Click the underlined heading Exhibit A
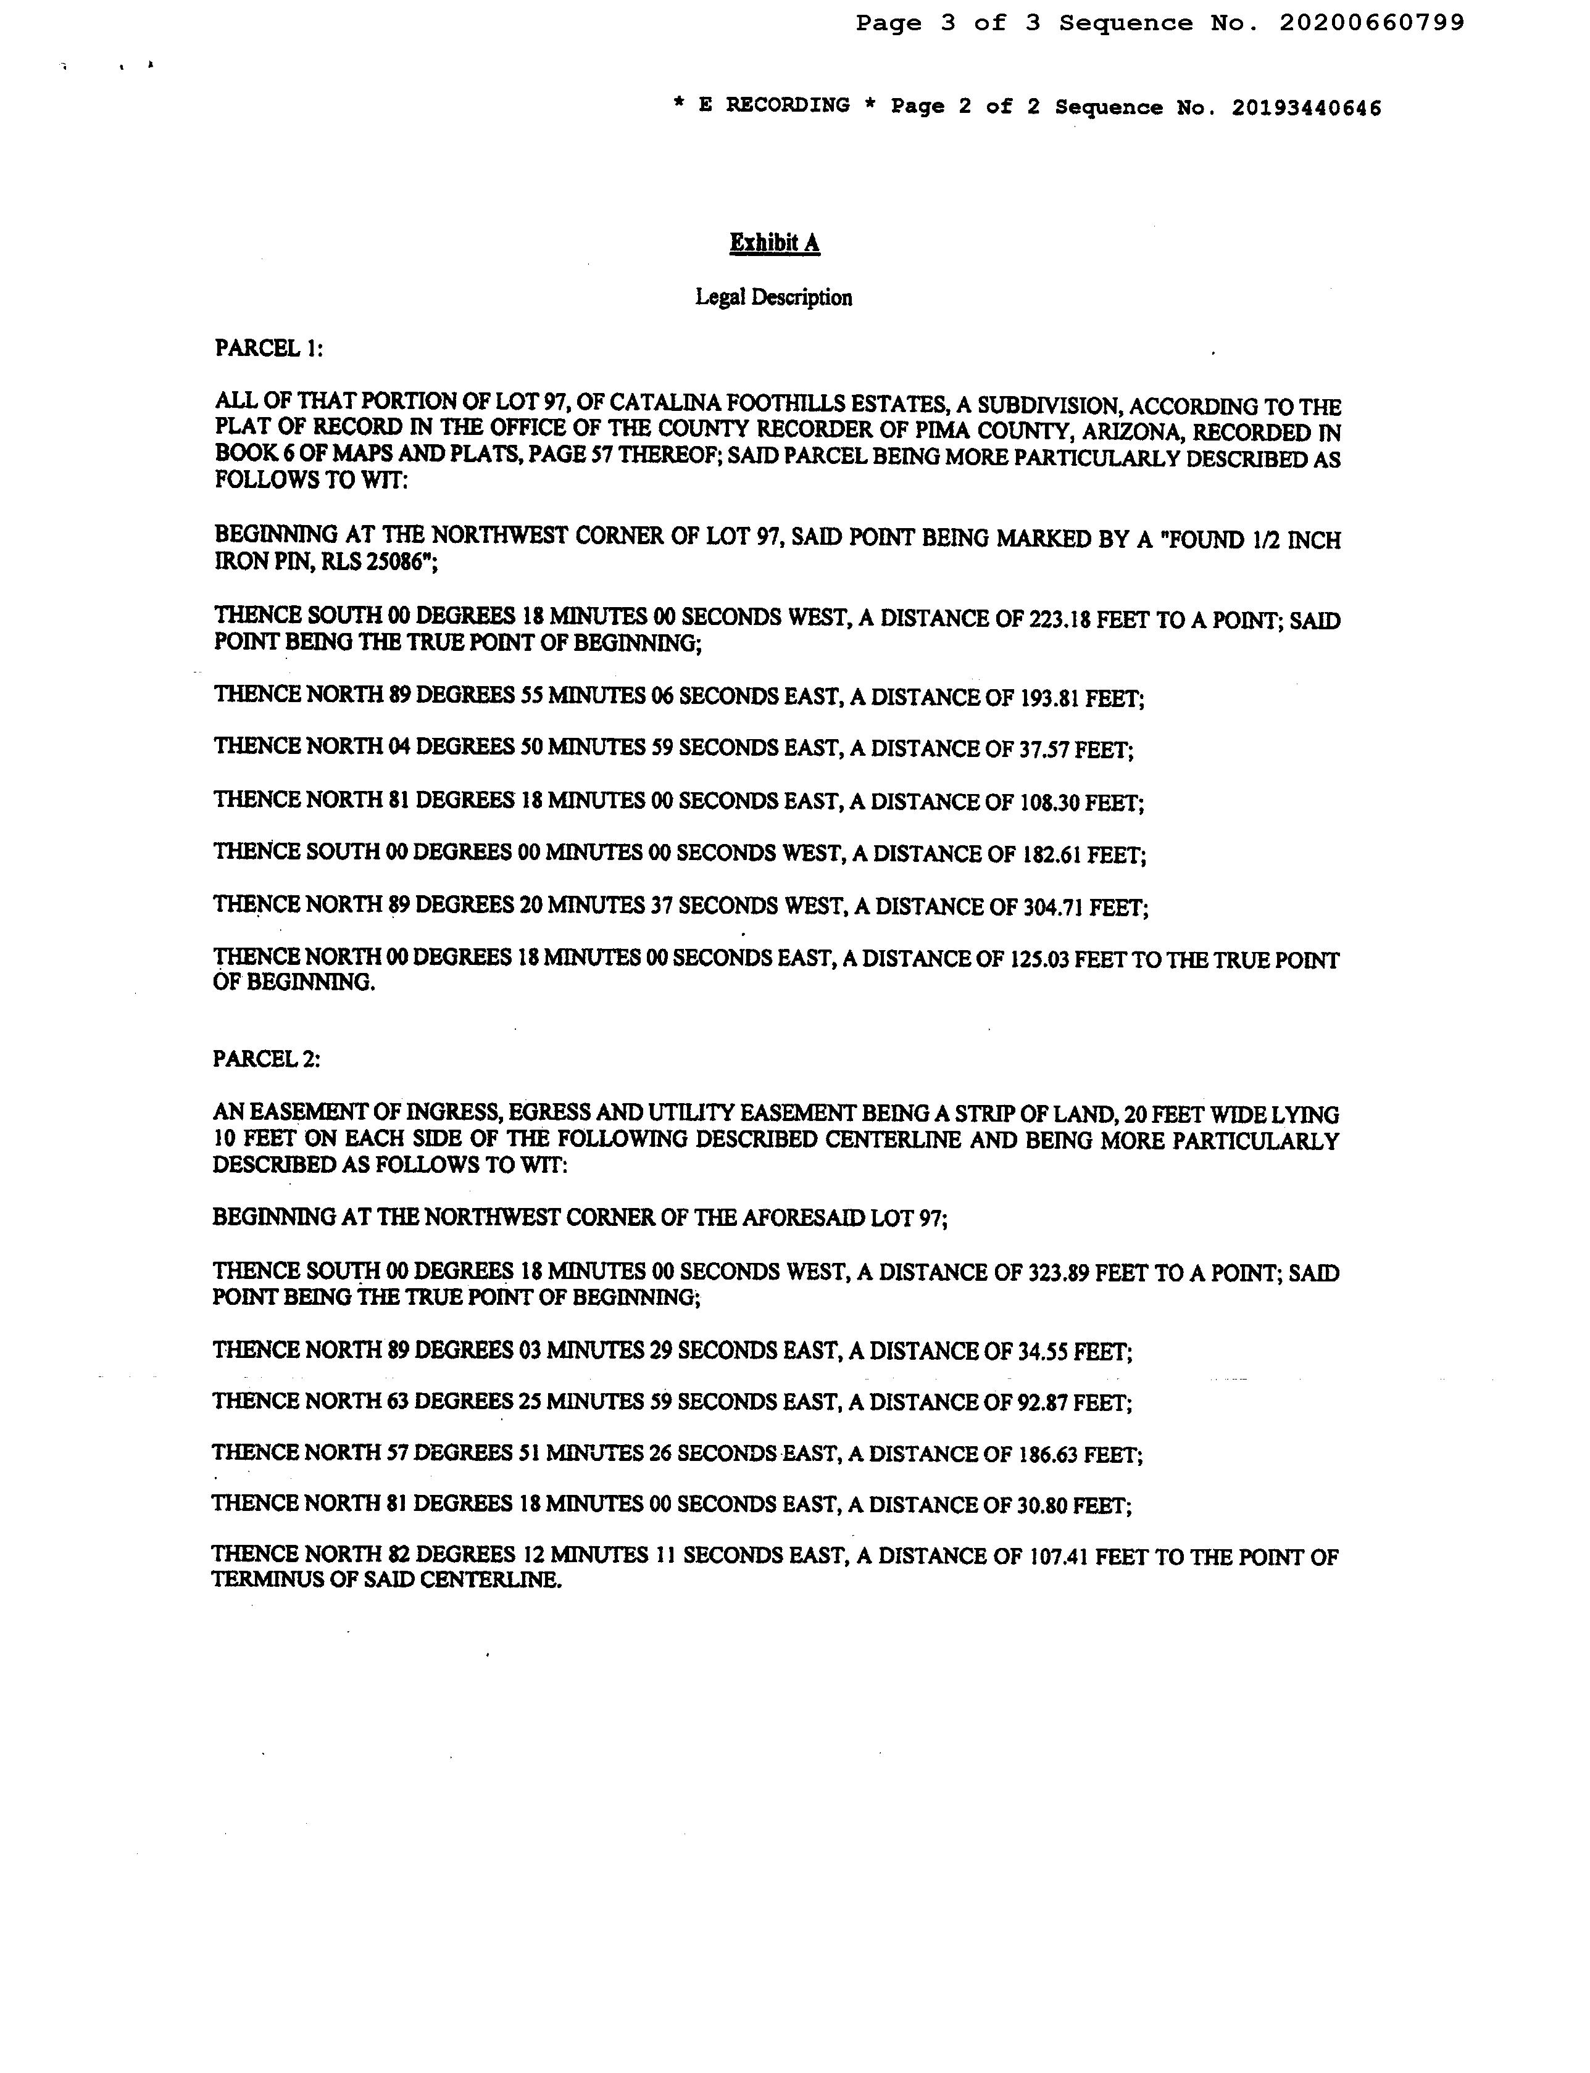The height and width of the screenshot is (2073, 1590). [774, 243]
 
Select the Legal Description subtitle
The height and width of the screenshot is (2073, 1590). [773, 297]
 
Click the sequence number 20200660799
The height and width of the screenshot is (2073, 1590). [1371, 23]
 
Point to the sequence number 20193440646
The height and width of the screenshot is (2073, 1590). [1306, 108]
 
